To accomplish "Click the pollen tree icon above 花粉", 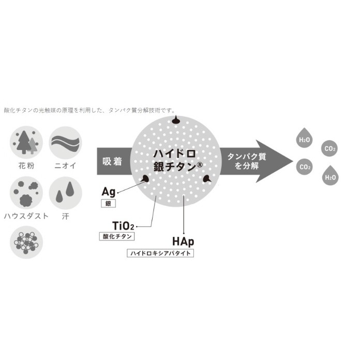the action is (26, 142).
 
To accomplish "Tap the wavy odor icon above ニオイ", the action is (66, 142).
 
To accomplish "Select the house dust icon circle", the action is (26, 193).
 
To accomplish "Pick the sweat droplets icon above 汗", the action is (66, 193).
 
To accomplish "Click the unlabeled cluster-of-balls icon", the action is (26, 242).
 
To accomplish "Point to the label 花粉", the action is (26, 165).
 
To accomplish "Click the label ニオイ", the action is (65, 165).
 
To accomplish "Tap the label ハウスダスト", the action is (26, 216).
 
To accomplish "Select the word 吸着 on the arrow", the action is (112, 161).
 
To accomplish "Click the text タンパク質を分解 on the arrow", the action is (247, 161).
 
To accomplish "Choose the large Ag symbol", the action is (109, 192).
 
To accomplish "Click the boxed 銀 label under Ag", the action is (108, 203).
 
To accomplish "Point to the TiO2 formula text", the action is (123, 226).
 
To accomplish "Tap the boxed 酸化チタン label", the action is (117, 236).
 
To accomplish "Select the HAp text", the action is (183, 242).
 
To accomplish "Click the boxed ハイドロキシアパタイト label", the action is (160, 253).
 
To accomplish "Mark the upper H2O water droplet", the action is (304, 138).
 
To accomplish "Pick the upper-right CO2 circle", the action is (329, 148).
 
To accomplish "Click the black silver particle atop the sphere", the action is (176, 120).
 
